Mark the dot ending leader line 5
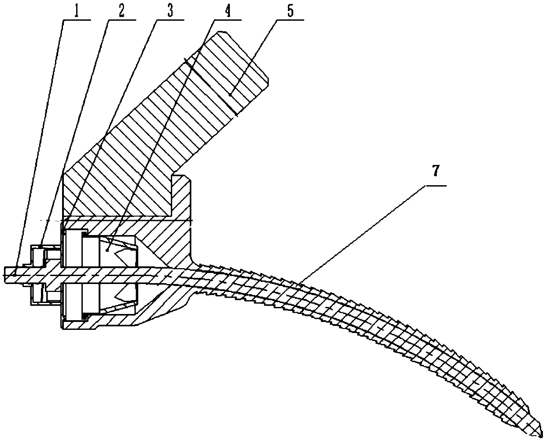pyautogui.click(x=231, y=94)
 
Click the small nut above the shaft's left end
pyautogui.click(x=37, y=256)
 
